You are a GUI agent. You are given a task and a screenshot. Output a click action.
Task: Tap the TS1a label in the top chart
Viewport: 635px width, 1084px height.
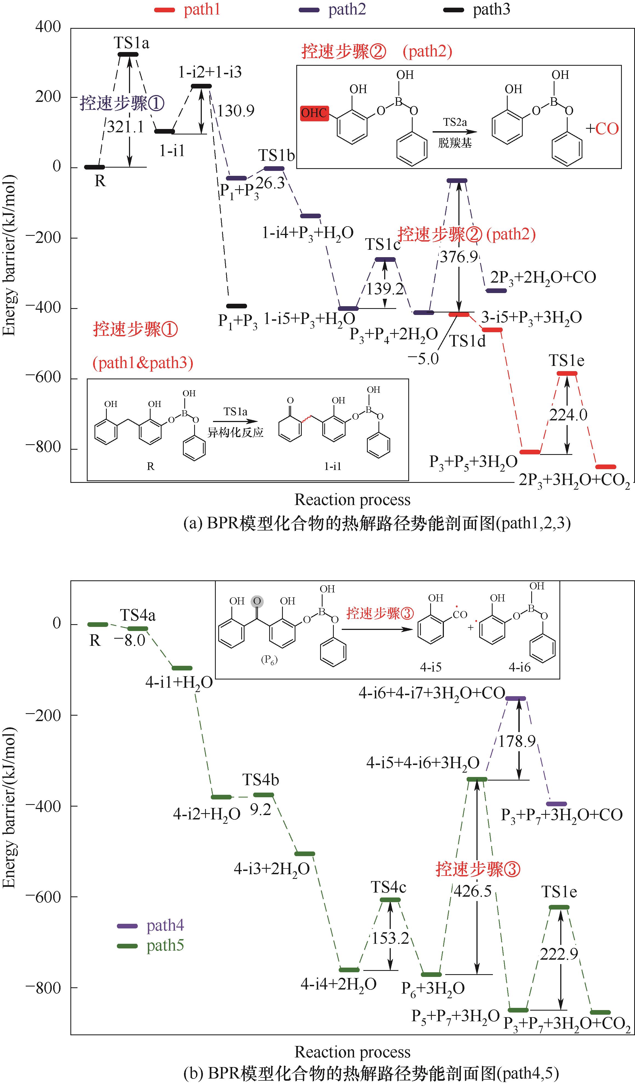(131, 43)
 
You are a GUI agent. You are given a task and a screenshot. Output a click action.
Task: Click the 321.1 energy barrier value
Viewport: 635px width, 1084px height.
(125, 127)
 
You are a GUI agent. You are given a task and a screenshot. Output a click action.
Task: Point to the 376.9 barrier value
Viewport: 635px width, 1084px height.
(459, 257)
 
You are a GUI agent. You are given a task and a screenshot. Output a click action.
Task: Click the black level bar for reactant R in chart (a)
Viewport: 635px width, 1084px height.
(94, 167)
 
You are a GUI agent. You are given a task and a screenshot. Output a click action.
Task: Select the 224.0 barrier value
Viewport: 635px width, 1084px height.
(568, 415)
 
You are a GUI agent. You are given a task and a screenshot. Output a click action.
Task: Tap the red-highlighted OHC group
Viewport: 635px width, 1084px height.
(314, 113)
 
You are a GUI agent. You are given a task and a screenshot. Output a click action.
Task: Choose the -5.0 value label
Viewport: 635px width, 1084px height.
(423, 359)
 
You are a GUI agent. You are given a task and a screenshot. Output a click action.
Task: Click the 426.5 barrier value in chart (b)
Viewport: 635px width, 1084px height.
(472, 891)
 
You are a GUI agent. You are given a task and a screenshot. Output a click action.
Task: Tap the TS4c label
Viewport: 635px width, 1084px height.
(389, 887)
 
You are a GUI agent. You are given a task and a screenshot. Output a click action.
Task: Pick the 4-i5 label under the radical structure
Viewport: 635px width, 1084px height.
(431, 667)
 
